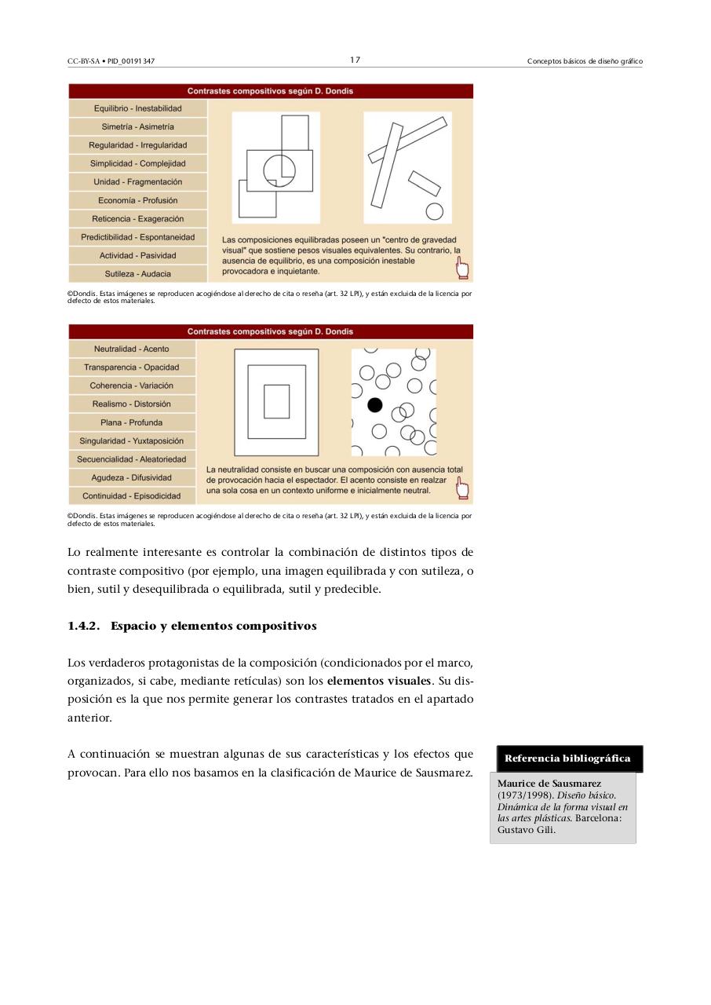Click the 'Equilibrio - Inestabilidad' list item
coord(137,108)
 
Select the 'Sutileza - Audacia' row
coord(137,274)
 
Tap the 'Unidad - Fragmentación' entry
coord(137,182)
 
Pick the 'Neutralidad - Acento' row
coord(131,349)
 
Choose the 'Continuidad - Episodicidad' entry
coord(131,496)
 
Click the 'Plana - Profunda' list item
coord(131,422)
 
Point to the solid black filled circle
coord(375,405)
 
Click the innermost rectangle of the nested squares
coord(276,401)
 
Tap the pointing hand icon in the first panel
coord(462,269)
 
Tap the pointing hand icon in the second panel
coord(462,489)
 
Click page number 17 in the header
coord(355,60)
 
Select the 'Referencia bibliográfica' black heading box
coord(567,758)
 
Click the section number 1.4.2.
coord(84,626)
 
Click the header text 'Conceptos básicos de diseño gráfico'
coord(585,61)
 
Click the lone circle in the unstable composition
coord(434,212)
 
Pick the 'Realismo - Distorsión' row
coord(131,404)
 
